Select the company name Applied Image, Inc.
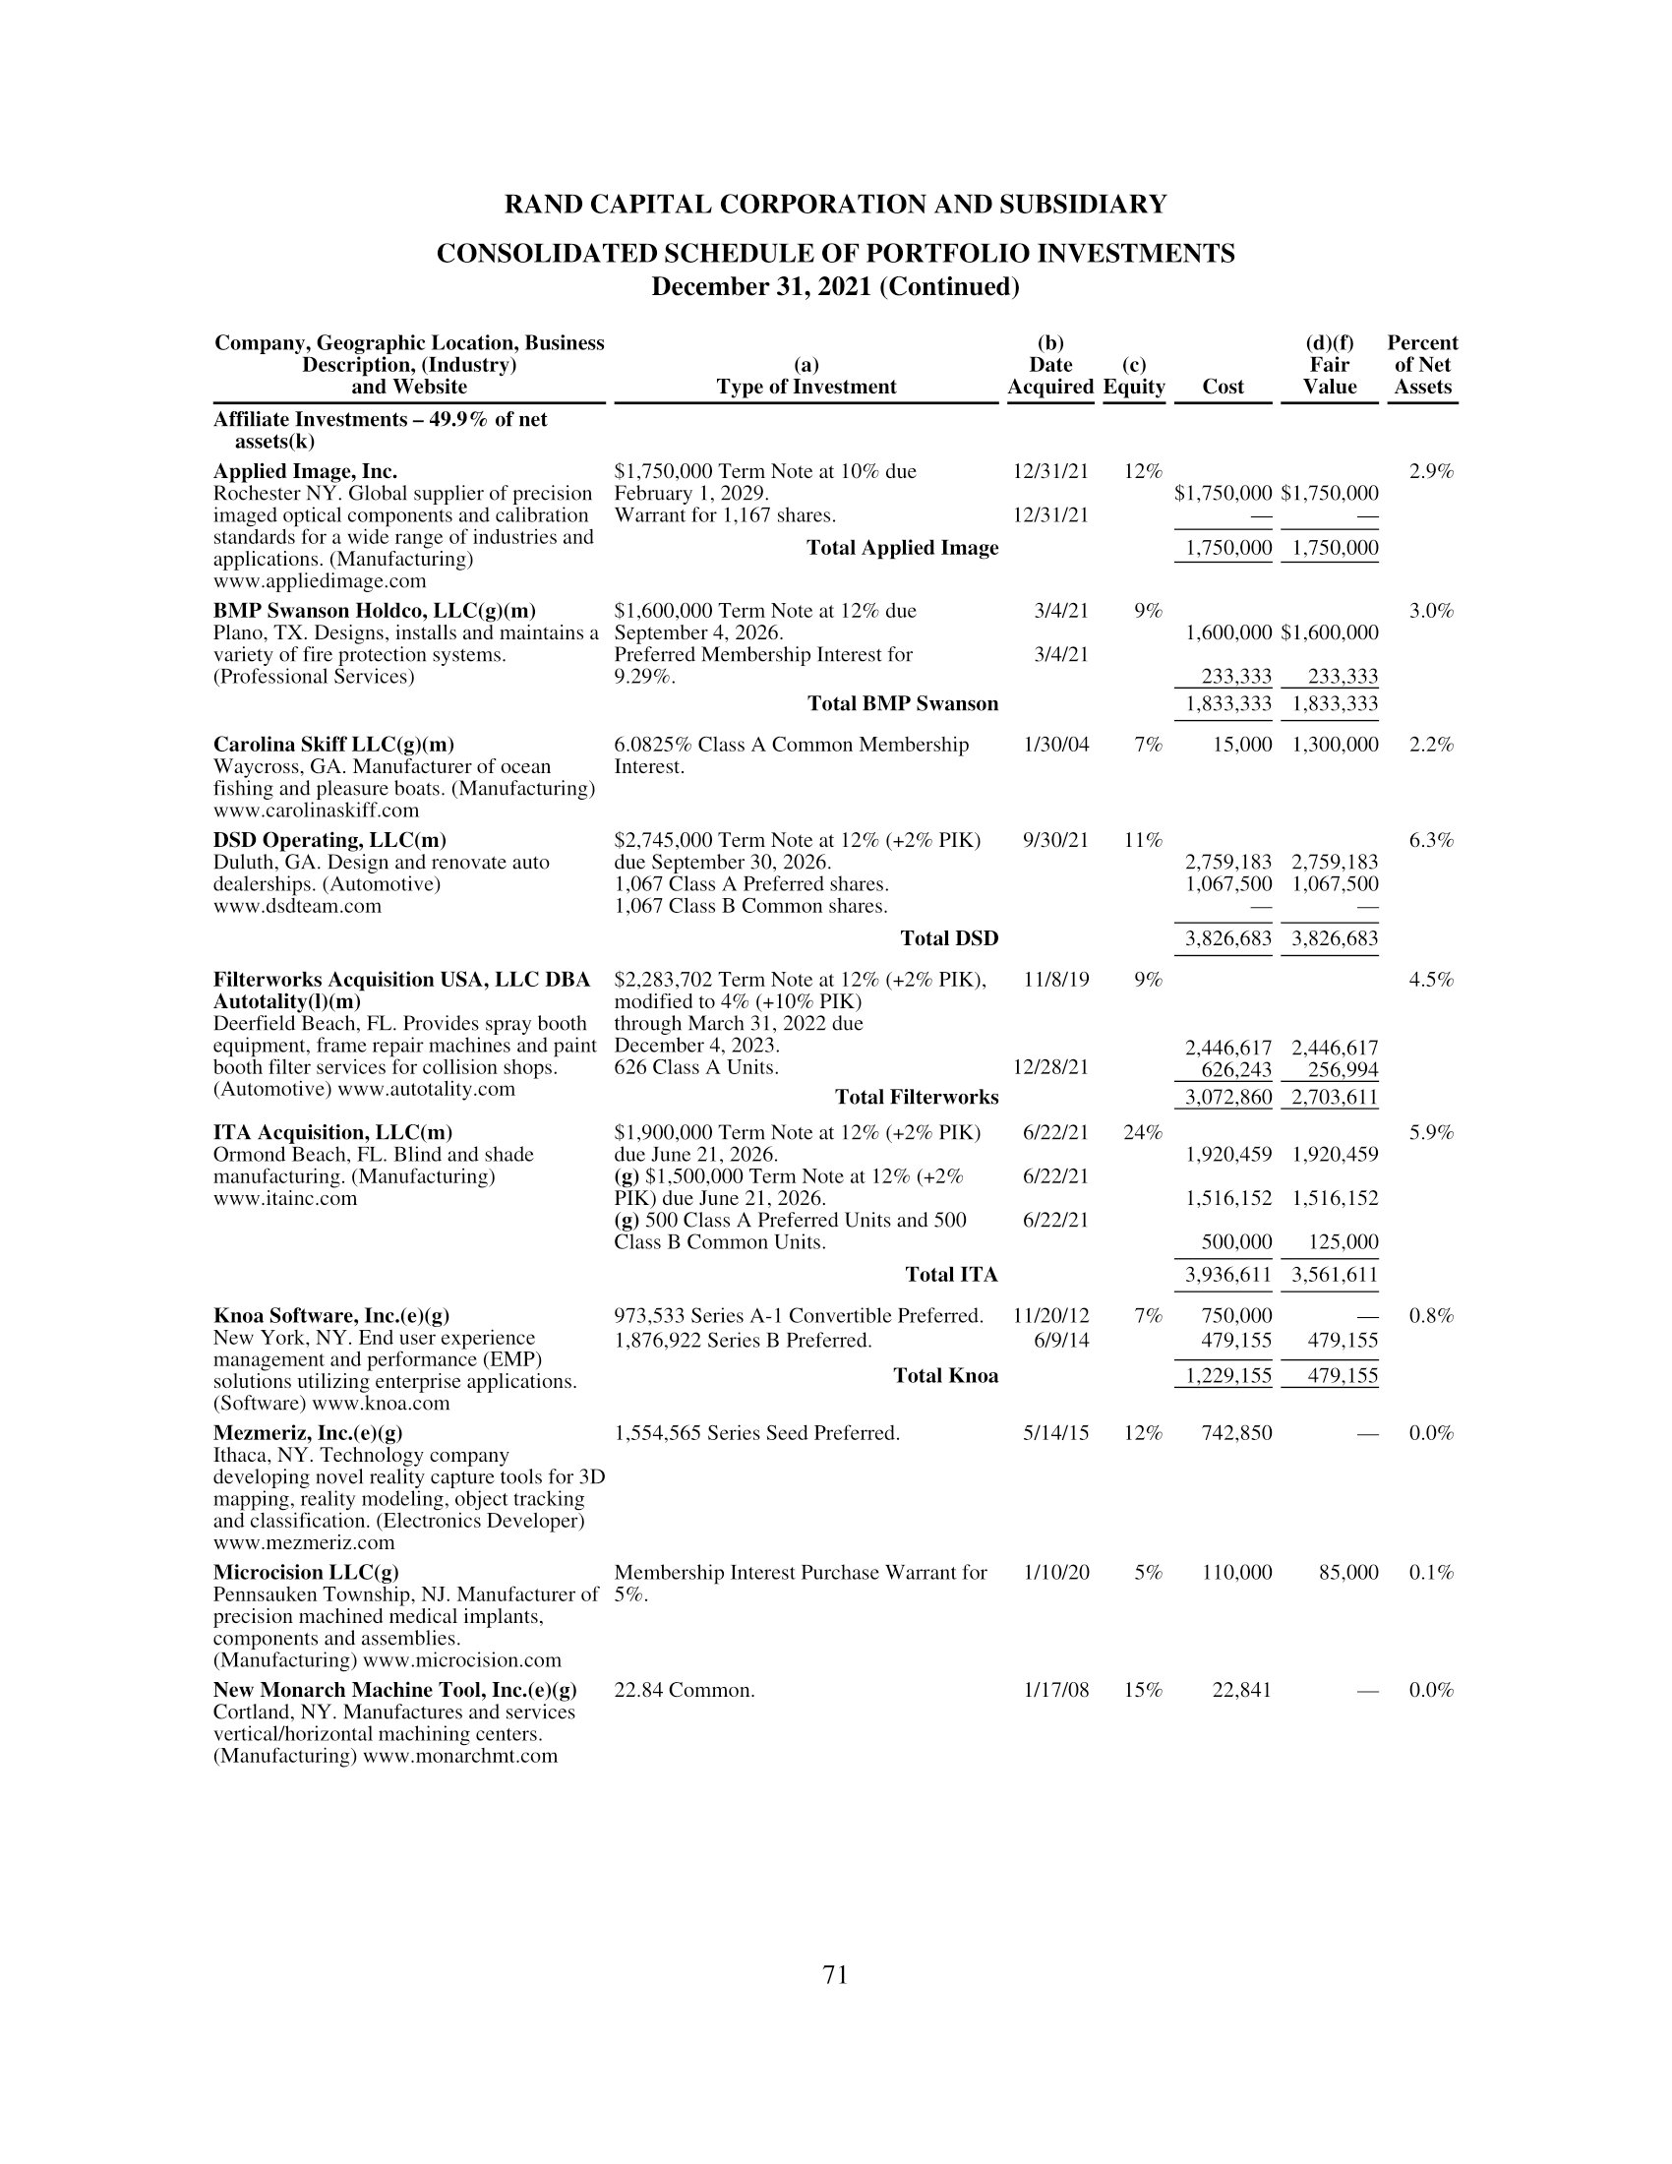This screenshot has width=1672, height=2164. (305, 471)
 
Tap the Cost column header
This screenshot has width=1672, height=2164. (1223, 388)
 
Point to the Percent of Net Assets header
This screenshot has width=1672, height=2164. (1421, 365)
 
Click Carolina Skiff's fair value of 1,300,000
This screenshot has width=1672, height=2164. (1336, 745)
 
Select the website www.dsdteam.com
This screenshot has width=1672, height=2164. (297, 906)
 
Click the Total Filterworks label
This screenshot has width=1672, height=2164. (917, 1097)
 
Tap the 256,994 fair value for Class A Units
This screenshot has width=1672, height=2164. (1336, 1069)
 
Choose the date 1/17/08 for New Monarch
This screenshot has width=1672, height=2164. (1056, 1690)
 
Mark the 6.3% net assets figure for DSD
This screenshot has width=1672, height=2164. (1431, 840)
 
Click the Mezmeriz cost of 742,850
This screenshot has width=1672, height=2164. (1236, 1433)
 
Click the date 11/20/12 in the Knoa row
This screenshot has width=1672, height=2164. (1051, 1316)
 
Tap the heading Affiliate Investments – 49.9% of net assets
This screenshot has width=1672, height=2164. (380, 430)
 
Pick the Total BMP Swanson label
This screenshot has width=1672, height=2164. (902, 703)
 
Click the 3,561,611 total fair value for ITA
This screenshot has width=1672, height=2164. (1336, 1274)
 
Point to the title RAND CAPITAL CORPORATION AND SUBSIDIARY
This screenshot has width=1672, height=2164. (835, 205)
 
